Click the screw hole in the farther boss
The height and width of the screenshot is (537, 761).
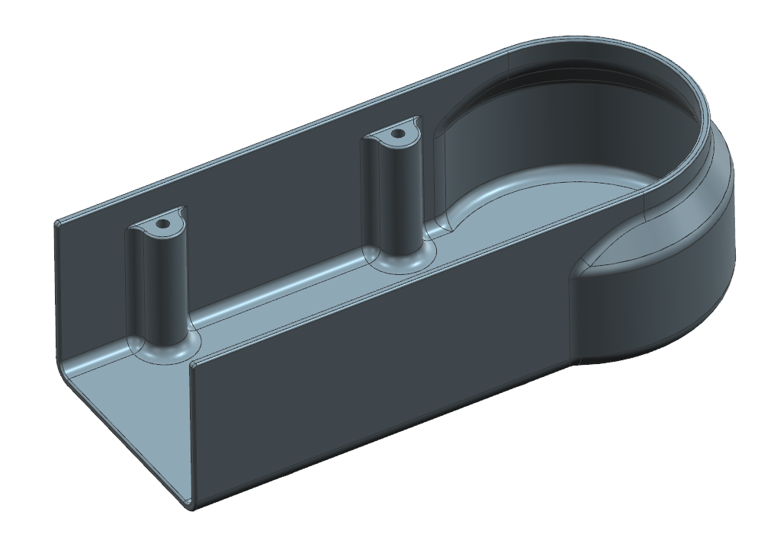397,134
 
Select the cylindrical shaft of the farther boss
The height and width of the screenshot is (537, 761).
398,190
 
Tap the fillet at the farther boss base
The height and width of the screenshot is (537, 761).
400,259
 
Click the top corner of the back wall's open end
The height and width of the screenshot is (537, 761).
56,223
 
